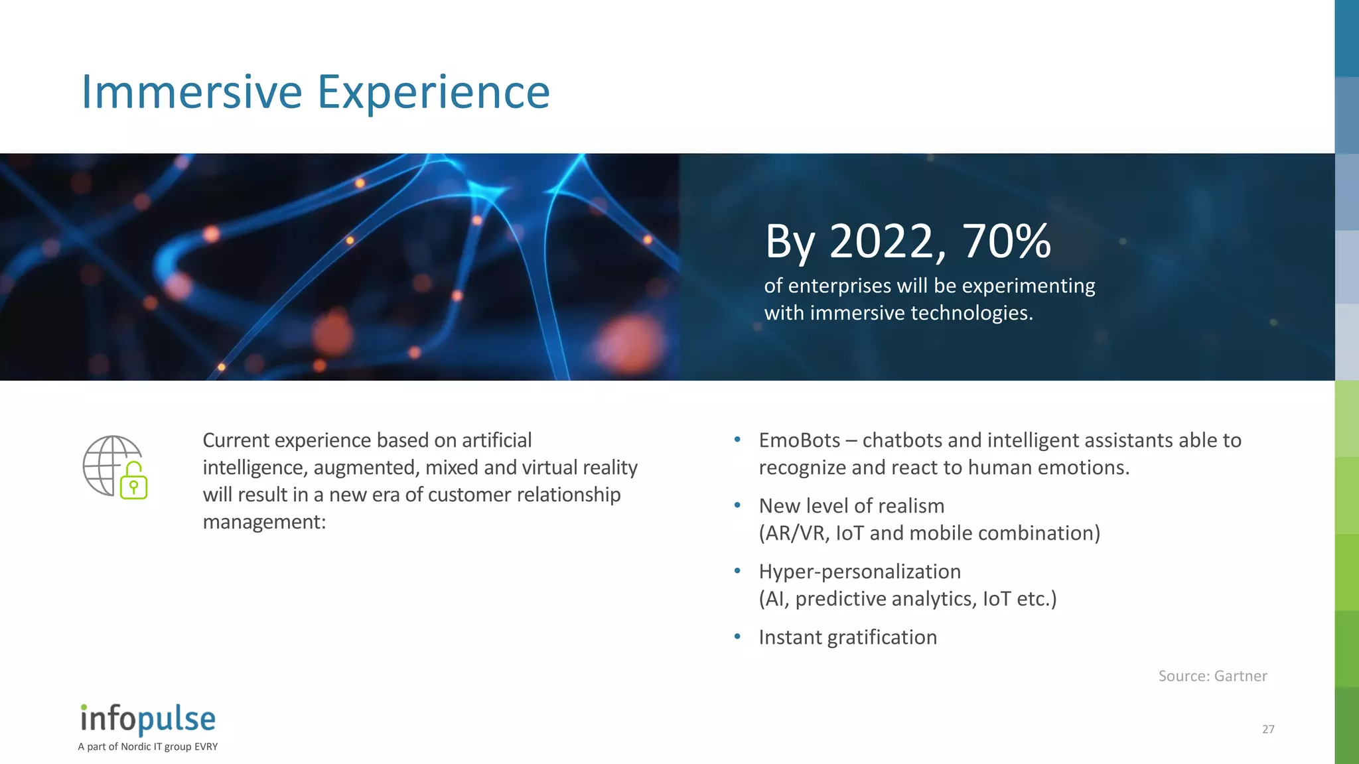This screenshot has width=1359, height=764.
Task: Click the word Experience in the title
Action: tap(433, 93)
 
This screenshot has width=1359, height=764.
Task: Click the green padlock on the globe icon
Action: tap(133, 482)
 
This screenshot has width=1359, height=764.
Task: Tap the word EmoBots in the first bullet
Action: tap(799, 440)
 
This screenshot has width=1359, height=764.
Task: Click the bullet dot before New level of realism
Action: tap(737, 505)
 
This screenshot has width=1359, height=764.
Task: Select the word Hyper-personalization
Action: tap(859, 572)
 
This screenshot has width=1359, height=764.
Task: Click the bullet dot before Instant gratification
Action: tap(737, 637)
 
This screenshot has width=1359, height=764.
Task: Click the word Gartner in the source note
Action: tap(1240, 676)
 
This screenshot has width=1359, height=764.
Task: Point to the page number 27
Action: tap(1268, 730)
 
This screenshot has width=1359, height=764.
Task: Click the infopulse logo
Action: tap(148, 719)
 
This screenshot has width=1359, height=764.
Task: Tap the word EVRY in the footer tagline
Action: tap(206, 747)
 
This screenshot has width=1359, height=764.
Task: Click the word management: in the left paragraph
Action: tap(264, 523)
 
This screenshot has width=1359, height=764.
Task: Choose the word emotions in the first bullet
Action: tap(1083, 468)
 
